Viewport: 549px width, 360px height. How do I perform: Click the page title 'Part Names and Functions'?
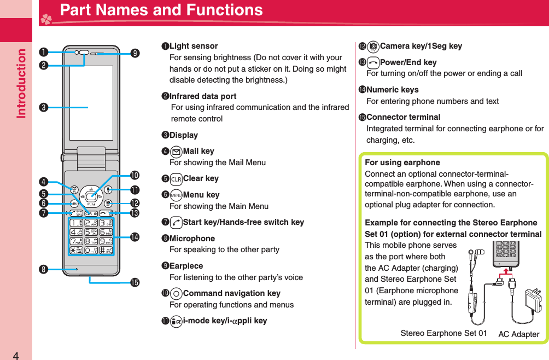coord(161,10)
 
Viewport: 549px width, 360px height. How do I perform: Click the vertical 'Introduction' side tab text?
coord(21,84)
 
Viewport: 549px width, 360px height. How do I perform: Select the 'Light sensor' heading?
coord(194,46)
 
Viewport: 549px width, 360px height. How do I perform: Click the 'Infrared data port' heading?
coord(203,96)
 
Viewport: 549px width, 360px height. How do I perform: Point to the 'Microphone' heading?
coord(192,239)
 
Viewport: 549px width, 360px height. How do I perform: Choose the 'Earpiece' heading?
coord(186,266)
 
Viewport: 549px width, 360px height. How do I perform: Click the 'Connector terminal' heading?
coord(403,117)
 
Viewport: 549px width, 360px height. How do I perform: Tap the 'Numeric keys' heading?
coord(392,90)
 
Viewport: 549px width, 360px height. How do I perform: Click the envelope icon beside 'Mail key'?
coord(176,151)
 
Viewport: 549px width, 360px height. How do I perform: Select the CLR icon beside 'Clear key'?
coord(176,178)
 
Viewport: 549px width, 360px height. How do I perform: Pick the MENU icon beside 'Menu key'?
coord(176,195)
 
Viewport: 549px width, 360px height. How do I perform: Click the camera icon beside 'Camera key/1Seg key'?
coord(373,46)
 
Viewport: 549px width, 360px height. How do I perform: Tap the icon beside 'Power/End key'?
coord(373,62)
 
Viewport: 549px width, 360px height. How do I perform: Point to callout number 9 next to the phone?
coord(135,53)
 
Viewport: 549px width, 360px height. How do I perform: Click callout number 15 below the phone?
coord(135,283)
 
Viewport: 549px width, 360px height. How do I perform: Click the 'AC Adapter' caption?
coord(518,334)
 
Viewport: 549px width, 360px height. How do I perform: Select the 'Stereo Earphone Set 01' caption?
coord(443,333)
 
